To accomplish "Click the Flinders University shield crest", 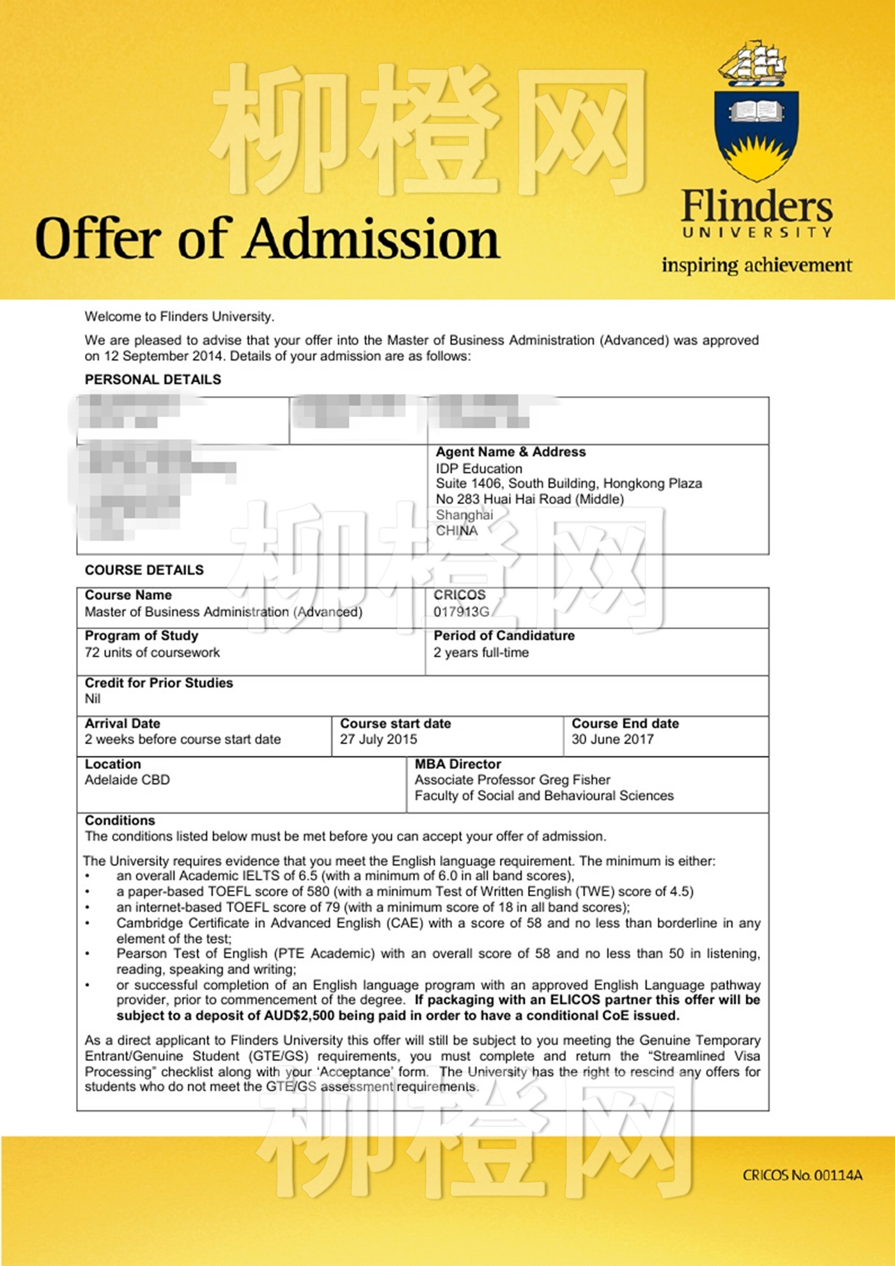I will (x=757, y=134).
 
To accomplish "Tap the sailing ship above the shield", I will (x=752, y=63).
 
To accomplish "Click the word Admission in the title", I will (x=372, y=239).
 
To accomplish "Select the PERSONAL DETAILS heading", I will (x=153, y=379).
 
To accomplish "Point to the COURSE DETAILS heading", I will (x=144, y=570).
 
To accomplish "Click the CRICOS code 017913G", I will (x=461, y=612).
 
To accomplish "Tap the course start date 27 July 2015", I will (x=378, y=739).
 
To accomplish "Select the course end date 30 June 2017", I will (x=612, y=739).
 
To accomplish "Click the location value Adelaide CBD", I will (x=127, y=780).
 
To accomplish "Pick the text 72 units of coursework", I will (x=152, y=653).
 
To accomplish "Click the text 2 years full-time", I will (x=481, y=653).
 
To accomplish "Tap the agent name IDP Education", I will (x=479, y=469).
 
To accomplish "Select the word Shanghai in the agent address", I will (x=464, y=515).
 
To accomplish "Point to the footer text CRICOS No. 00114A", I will (x=802, y=1175).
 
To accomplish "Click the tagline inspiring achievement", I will (x=756, y=265).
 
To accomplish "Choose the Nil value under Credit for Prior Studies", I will (x=93, y=699).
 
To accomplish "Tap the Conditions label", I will (x=120, y=820).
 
